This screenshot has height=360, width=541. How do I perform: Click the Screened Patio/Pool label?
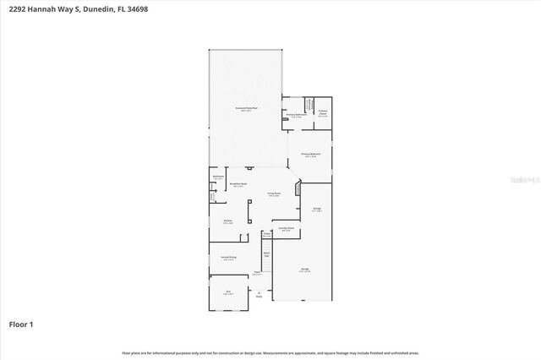coord(246,109)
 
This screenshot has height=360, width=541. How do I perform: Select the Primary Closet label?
coord(322,112)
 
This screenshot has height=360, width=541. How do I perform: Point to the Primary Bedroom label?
coord(310,154)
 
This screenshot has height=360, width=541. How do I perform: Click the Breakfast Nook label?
coord(238,183)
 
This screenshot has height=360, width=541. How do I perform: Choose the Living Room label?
coord(274,194)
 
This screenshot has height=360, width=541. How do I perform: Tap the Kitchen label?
coord(227,221)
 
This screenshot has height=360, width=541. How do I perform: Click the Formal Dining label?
coord(228,257)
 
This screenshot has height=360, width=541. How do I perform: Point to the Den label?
coord(228,292)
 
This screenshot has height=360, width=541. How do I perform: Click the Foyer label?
coord(256,272)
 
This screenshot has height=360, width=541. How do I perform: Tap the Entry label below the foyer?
coord(259,296)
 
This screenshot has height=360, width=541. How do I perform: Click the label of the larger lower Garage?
coord(304,270)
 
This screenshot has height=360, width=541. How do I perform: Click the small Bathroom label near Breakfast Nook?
coord(218,177)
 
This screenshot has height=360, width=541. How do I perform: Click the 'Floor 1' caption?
coord(22,324)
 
